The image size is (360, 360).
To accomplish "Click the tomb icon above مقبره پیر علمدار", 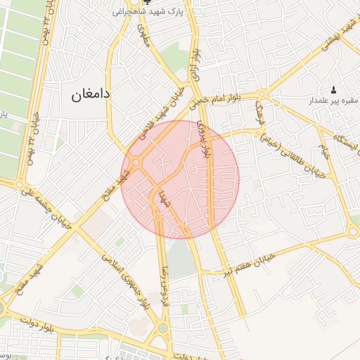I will click(x=333, y=89).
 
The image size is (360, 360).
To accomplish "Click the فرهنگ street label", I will click(x=261, y=112).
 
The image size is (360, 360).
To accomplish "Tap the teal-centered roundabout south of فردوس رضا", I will click(x=163, y=328).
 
